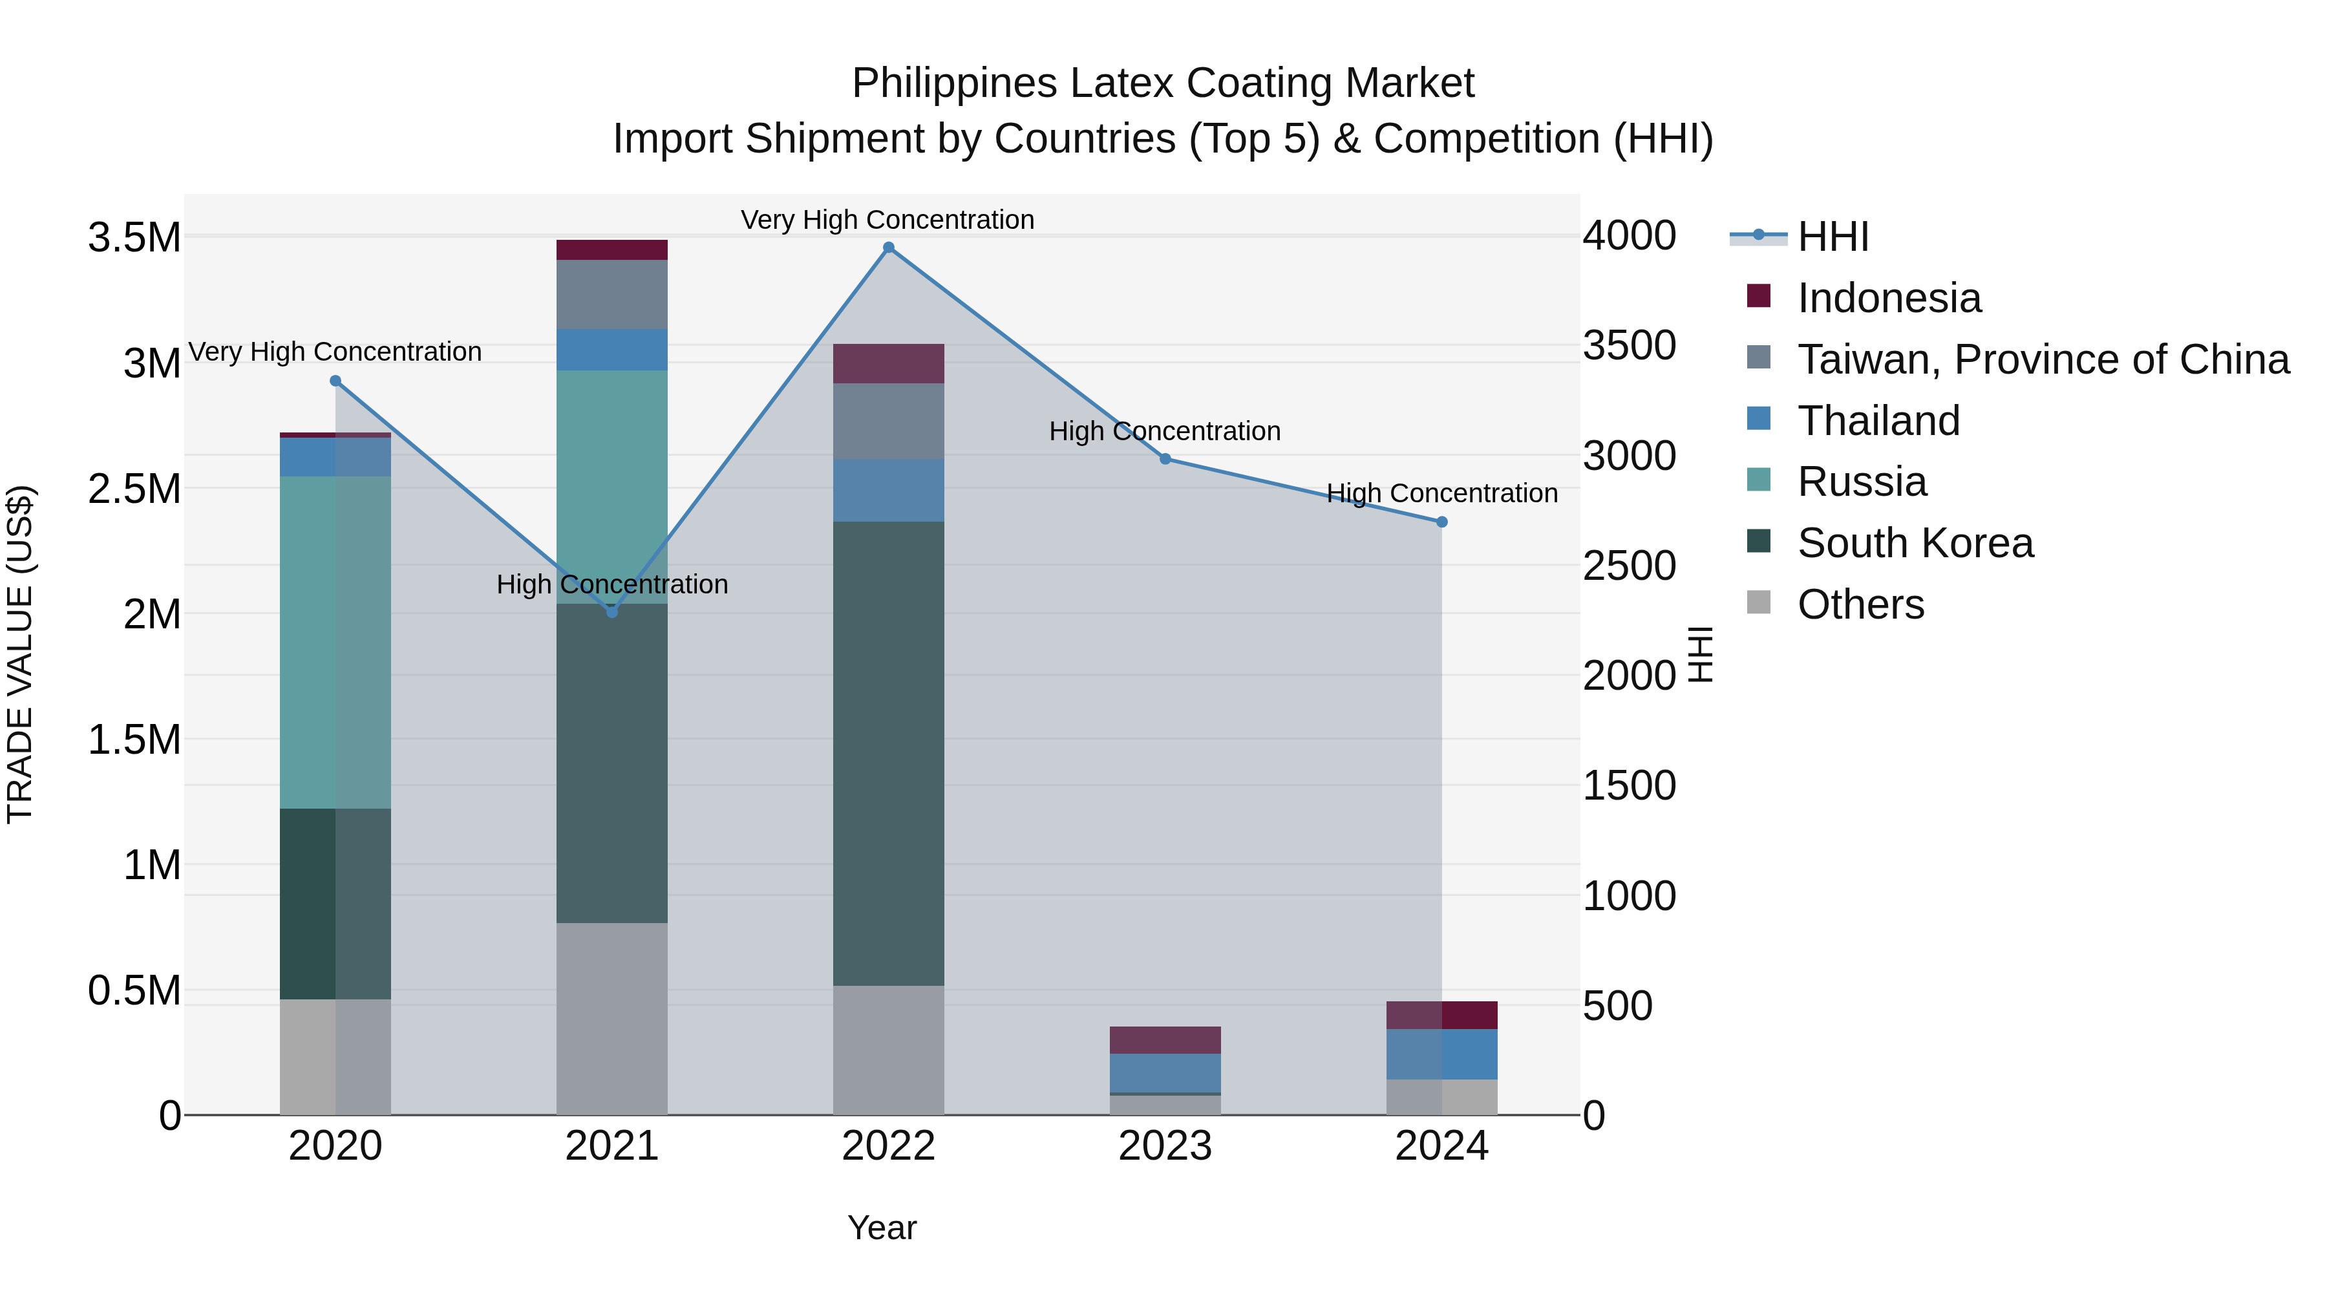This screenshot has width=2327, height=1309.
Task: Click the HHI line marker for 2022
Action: tap(888, 248)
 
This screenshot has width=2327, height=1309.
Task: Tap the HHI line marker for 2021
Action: tap(611, 612)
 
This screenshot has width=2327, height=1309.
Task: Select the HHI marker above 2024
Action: tap(1441, 522)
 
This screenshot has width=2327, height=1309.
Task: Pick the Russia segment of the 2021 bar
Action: tap(611, 486)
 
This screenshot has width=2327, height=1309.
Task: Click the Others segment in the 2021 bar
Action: tap(611, 1018)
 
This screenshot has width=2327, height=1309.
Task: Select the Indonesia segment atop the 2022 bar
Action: tap(888, 363)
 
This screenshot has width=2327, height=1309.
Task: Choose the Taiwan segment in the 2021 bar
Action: tap(611, 295)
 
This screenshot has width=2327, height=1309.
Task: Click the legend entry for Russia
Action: tap(1861, 482)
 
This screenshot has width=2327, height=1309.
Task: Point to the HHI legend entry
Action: tap(1832, 237)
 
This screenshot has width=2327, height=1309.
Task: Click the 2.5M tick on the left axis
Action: tap(134, 489)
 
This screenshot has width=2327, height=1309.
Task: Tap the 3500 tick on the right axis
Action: tap(1629, 345)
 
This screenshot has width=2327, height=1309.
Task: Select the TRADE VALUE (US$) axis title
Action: tap(20, 654)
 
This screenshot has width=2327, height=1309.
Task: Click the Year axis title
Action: tap(882, 1228)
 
